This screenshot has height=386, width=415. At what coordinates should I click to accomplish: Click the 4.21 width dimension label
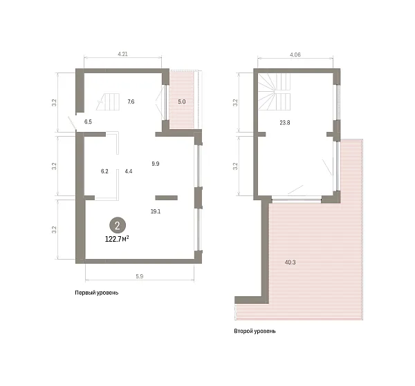[122, 54]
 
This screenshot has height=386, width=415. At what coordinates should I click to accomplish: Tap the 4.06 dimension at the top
[295, 55]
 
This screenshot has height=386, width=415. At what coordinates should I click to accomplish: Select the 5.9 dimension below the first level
[140, 276]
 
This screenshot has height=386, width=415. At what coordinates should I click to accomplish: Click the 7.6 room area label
[131, 102]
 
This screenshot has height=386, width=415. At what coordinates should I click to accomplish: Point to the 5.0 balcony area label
[181, 102]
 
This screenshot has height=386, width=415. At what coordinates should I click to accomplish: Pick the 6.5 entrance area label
[88, 122]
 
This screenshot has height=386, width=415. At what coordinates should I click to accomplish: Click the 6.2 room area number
[104, 171]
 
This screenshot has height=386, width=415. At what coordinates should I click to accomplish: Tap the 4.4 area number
[129, 171]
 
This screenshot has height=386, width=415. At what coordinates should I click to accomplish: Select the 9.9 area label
[156, 164]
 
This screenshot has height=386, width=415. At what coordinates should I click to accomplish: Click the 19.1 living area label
[156, 211]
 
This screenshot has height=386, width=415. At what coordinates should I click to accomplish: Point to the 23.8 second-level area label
[285, 123]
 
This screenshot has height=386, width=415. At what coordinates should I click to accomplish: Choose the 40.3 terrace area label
[290, 262]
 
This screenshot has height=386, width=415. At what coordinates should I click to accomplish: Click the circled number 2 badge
[118, 225]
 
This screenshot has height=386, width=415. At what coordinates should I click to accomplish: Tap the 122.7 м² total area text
[117, 239]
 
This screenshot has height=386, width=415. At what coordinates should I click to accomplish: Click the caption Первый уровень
[97, 293]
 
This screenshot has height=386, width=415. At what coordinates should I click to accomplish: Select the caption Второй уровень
[255, 331]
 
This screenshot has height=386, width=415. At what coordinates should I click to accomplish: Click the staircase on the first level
[108, 102]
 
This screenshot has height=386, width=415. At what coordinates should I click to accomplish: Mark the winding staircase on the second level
[274, 92]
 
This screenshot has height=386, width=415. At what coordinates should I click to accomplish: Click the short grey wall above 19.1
[166, 197]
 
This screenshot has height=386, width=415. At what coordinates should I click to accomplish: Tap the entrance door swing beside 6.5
[72, 123]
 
